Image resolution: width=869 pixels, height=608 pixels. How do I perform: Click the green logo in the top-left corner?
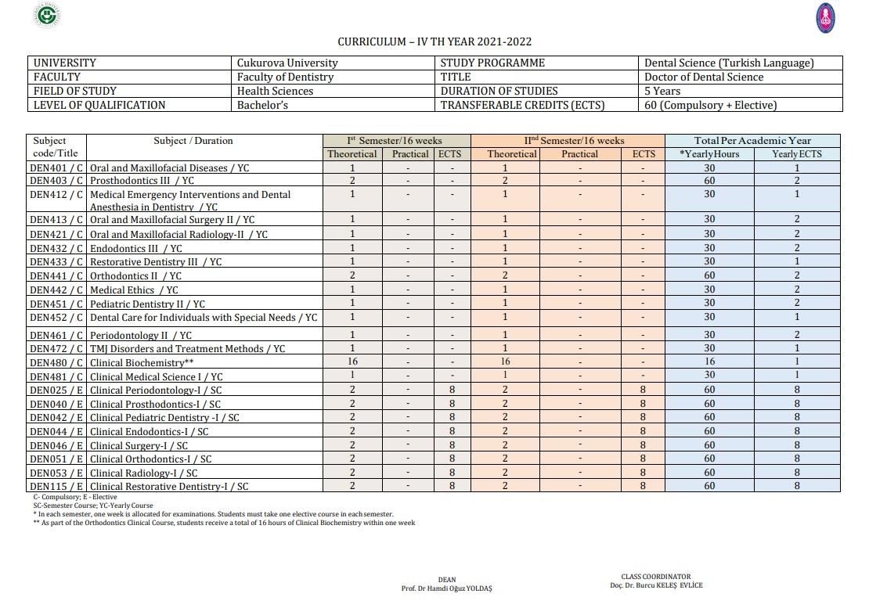pos(49,16)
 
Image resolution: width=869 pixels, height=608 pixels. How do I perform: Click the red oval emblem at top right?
pos(825,18)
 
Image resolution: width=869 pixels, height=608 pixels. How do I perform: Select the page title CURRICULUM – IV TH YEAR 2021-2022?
pos(434,41)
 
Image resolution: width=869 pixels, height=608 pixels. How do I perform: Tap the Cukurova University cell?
pos(287,63)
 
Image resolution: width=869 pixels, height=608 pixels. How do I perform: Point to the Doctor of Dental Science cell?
pos(704,77)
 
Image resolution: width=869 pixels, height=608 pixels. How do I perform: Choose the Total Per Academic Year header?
pos(752,141)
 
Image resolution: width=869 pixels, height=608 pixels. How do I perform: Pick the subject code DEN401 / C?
pos(56,168)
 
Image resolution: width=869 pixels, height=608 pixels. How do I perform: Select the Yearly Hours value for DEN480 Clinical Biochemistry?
pos(709,362)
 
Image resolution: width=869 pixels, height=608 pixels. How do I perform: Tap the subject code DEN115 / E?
pos(56,487)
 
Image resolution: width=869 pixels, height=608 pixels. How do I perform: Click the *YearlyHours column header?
pos(709,154)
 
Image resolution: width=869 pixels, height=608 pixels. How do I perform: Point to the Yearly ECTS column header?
pos(797,154)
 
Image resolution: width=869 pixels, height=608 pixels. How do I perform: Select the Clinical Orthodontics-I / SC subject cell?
pos(150,459)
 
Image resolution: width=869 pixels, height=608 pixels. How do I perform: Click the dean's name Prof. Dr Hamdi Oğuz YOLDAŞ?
pos(447,588)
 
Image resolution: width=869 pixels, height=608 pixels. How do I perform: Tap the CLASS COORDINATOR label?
pos(656,577)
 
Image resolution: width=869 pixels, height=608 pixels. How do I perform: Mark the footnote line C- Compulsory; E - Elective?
pos(75,497)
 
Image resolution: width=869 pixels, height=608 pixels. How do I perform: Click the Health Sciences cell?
pos(275,91)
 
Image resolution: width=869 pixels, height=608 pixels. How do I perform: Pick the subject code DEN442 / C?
pos(56,290)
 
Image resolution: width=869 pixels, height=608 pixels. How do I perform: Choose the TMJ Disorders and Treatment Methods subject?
pos(187,349)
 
